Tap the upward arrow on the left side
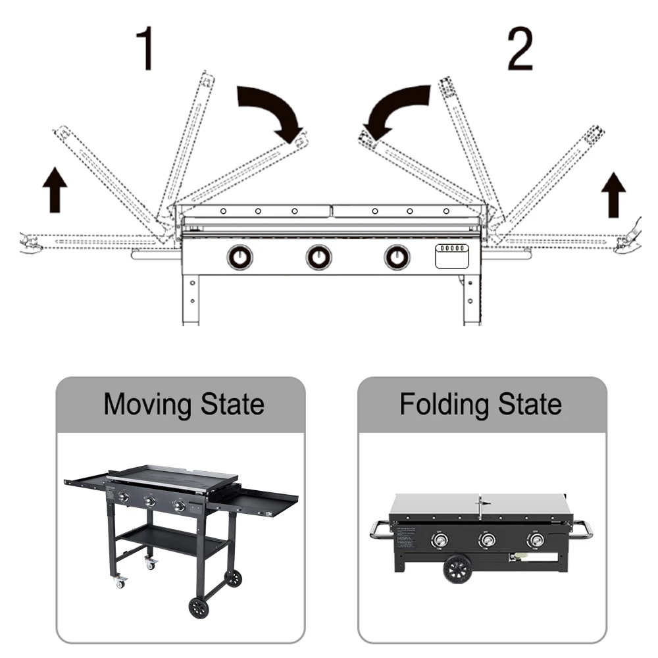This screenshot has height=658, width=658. pyautogui.click(x=55, y=190)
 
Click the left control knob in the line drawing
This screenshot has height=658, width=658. pyautogui.click(x=240, y=257)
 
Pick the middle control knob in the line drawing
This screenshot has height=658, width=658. pyautogui.click(x=318, y=257)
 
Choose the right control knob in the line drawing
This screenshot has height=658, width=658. pyautogui.click(x=397, y=257)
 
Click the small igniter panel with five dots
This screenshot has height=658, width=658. pyautogui.click(x=452, y=255)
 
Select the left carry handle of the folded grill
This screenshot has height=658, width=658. pyautogui.click(x=380, y=529)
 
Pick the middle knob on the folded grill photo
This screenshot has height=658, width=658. pyautogui.click(x=488, y=541)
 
